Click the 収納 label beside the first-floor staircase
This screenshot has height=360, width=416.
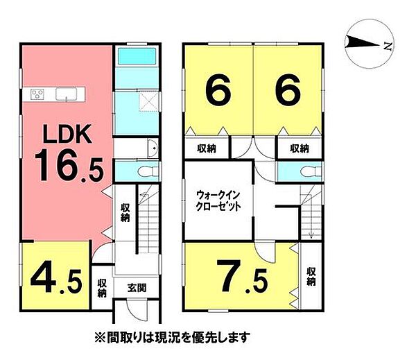click(x=125, y=213)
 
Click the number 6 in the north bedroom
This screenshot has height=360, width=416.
click(x=286, y=90)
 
